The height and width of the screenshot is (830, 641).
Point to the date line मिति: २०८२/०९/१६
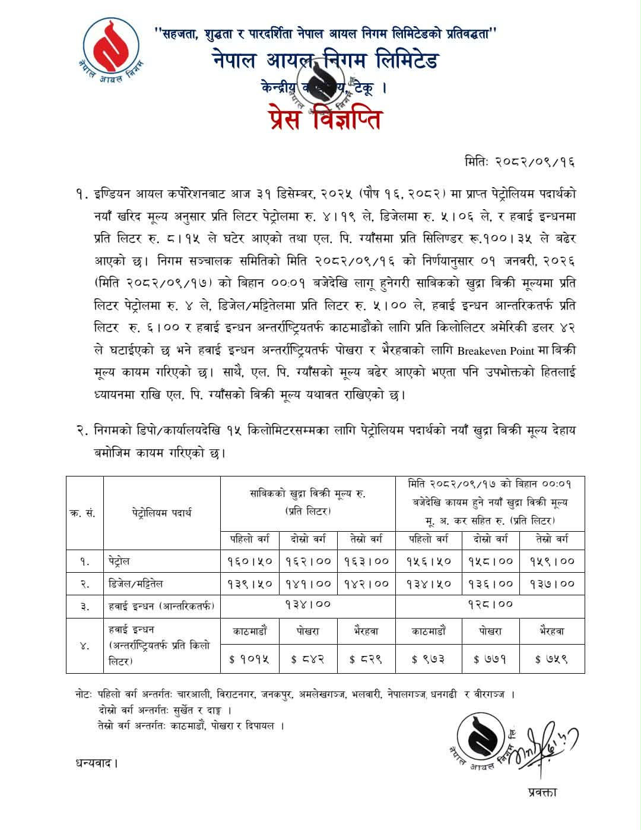[520, 162]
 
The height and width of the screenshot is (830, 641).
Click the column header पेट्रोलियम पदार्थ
[162, 513]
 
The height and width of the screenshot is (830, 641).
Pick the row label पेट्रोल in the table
[119, 561]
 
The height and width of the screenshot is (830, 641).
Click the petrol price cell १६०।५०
[250, 561]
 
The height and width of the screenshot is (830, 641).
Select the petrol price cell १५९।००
[551, 561]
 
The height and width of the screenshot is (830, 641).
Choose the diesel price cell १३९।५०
[250, 583]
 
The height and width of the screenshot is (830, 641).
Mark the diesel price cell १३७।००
[551, 583]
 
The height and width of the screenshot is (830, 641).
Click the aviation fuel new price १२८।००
[490, 604]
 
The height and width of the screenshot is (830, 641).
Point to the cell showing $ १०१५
[250, 659]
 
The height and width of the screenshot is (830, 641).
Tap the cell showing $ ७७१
[490, 659]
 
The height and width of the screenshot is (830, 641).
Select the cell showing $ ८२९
[366, 659]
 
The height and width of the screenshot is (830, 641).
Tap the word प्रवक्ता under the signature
[542, 792]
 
